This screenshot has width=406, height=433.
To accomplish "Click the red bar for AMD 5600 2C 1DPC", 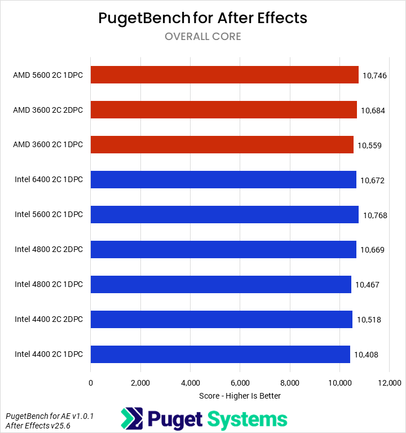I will [x=224, y=75].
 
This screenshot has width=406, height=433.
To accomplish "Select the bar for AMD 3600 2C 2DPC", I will [x=223, y=110].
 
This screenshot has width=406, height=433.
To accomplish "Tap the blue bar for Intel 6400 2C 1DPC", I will [x=223, y=180].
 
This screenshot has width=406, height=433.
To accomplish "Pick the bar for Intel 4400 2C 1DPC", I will [x=220, y=354].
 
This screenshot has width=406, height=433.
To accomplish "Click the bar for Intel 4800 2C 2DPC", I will [x=223, y=249].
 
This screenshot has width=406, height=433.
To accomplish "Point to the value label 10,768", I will [x=375, y=215].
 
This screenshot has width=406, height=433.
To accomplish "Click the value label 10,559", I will [x=370, y=145].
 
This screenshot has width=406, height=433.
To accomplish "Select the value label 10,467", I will [x=367, y=285].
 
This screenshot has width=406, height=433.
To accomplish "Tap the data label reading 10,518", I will [x=369, y=320].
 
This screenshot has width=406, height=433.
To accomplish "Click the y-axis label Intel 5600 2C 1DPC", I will [x=48, y=215].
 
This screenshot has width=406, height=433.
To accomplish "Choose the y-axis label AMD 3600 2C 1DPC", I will [x=48, y=145].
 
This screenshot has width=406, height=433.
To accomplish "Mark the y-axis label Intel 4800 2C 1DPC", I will [x=48, y=285].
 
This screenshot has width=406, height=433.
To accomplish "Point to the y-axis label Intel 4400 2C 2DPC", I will [x=48, y=320].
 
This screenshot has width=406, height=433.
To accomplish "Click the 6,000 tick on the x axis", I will [x=240, y=383].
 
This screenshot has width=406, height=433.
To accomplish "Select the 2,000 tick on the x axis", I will [x=140, y=383].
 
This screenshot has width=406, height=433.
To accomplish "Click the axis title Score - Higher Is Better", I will [x=240, y=396].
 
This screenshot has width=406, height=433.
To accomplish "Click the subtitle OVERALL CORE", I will [x=203, y=37].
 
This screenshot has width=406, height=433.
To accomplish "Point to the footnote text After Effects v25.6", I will [x=37, y=426].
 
